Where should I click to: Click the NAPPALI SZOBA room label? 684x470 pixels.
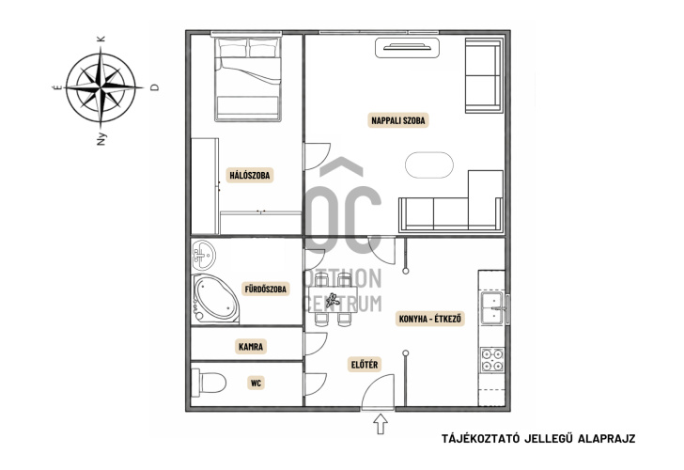pos(397,120)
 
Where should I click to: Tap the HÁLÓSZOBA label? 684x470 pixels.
pos(250,176)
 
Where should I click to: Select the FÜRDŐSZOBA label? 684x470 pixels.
pos(266,289)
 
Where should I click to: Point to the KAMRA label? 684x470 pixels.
pos(251,347)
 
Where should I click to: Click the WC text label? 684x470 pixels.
pos(256,384)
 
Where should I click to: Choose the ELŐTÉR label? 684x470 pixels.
pos(365,365)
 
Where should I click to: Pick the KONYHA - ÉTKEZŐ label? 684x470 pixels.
pos(430,319)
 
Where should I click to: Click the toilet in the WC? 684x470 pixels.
pos(209,383)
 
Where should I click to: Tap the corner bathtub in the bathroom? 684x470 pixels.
pos(215,299)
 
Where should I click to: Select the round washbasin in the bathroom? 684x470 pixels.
pos(203,255)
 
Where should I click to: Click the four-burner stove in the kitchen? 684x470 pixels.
pos(492,360)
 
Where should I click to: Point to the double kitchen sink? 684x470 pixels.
pos(493,308)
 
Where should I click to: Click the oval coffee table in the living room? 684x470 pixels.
pos(429,164)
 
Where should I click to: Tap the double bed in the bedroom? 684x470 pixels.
pos(248,79)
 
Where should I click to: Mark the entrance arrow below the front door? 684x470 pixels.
pos(381,424)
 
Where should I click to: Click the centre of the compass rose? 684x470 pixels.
pos(101,87)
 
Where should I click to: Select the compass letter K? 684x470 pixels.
pos(101,39)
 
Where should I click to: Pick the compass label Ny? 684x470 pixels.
pos(101,139)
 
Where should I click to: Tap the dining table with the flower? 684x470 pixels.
pos(334,300)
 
